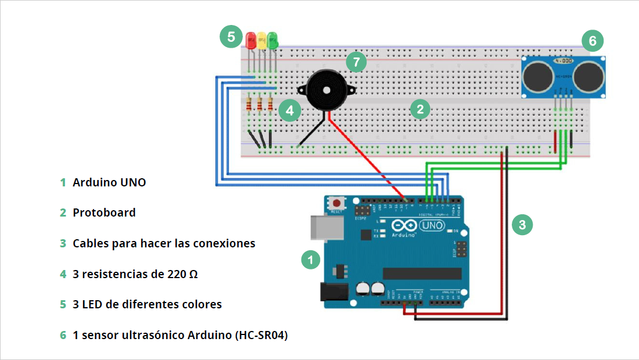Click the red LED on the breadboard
click(x=251, y=41)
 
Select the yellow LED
click(x=261, y=41)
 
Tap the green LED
click(x=272, y=41)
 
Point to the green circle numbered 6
click(x=593, y=41)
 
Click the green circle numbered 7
click(x=357, y=61)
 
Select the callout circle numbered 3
click(x=522, y=224)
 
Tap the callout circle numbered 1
click(x=311, y=260)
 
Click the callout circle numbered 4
click(x=289, y=110)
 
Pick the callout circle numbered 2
click(x=420, y=109)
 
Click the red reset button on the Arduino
click(x=336, y=203)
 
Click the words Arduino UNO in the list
click(x=109, y=182)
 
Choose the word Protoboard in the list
click(x=104, y=213)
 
